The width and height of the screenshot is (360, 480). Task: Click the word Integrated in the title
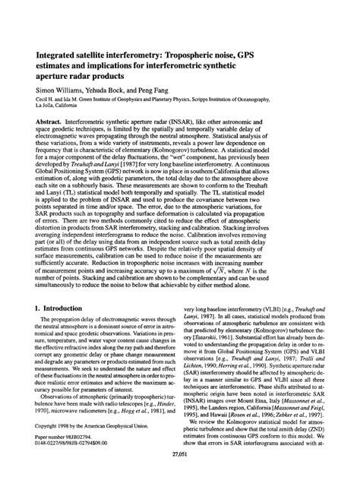click(x=51, y=55)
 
